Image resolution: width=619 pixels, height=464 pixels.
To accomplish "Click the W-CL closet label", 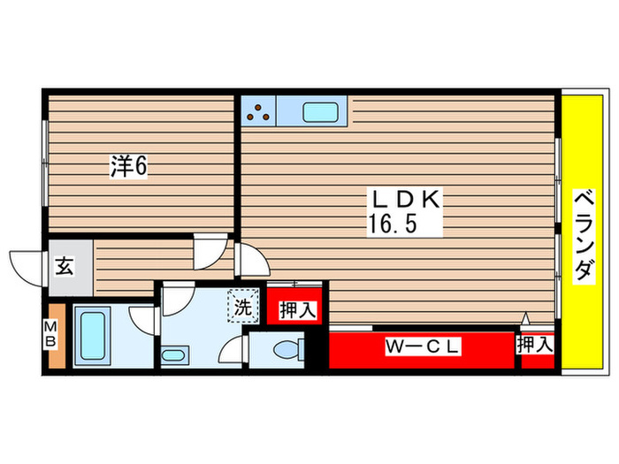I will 423,348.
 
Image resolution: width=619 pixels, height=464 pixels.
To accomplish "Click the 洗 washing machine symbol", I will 241,308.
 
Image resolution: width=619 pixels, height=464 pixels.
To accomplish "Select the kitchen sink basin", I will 320,111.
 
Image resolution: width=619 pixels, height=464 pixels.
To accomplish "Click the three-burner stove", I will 258,110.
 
